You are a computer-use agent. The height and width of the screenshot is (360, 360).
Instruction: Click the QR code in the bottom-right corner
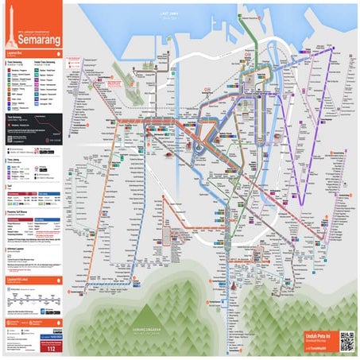click(x=346, y=341)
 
